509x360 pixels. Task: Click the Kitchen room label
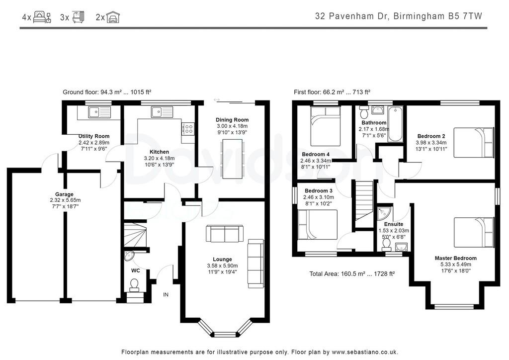[159, 152]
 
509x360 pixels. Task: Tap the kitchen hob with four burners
[188, 128]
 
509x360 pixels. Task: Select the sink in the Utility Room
[99, 112]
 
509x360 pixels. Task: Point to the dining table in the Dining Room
[232, 159]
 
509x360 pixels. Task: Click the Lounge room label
[222, 260]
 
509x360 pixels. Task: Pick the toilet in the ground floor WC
[134, 285]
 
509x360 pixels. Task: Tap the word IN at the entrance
[166, 295]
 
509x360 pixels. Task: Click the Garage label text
[64, 194]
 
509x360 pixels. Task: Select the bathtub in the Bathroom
[395, 124]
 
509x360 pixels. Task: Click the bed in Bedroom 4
[325, 126]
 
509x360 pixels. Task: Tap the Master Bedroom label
[456, 259]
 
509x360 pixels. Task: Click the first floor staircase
[364, 204]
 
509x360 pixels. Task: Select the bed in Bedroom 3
[318, 225]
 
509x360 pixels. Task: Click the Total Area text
[352, 274]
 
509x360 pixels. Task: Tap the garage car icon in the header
[113, 17]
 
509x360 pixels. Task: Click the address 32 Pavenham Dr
[352, 16]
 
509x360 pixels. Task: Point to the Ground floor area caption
[107, 92]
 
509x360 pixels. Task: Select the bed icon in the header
[42, 17]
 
